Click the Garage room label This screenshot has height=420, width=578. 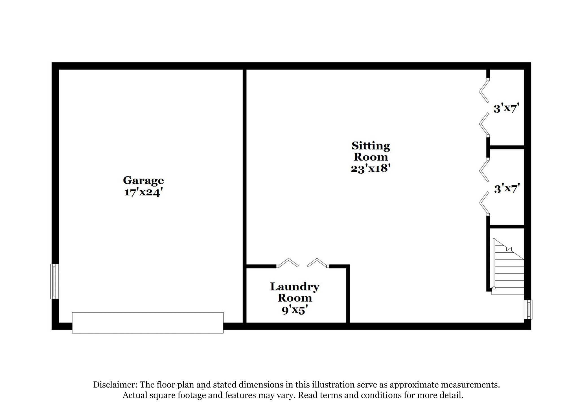click(143, 181)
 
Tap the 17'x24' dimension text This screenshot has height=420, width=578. click(143, 192)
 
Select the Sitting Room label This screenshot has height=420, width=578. click(371, 151)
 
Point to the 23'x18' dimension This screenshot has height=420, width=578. click(371, 168)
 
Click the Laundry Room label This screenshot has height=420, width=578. click(295, 292)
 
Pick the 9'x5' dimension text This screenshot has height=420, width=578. click(294, 310)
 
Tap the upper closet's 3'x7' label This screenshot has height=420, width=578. click(507, 108)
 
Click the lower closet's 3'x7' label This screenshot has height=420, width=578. click(507, 188)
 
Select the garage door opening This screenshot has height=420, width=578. click(148, 323)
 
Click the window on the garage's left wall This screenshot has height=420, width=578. click(54, 281)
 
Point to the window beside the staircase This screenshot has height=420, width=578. click(528, 309)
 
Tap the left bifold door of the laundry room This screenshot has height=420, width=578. click(288, 263)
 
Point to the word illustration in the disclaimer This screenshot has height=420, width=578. click(325, 384)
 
